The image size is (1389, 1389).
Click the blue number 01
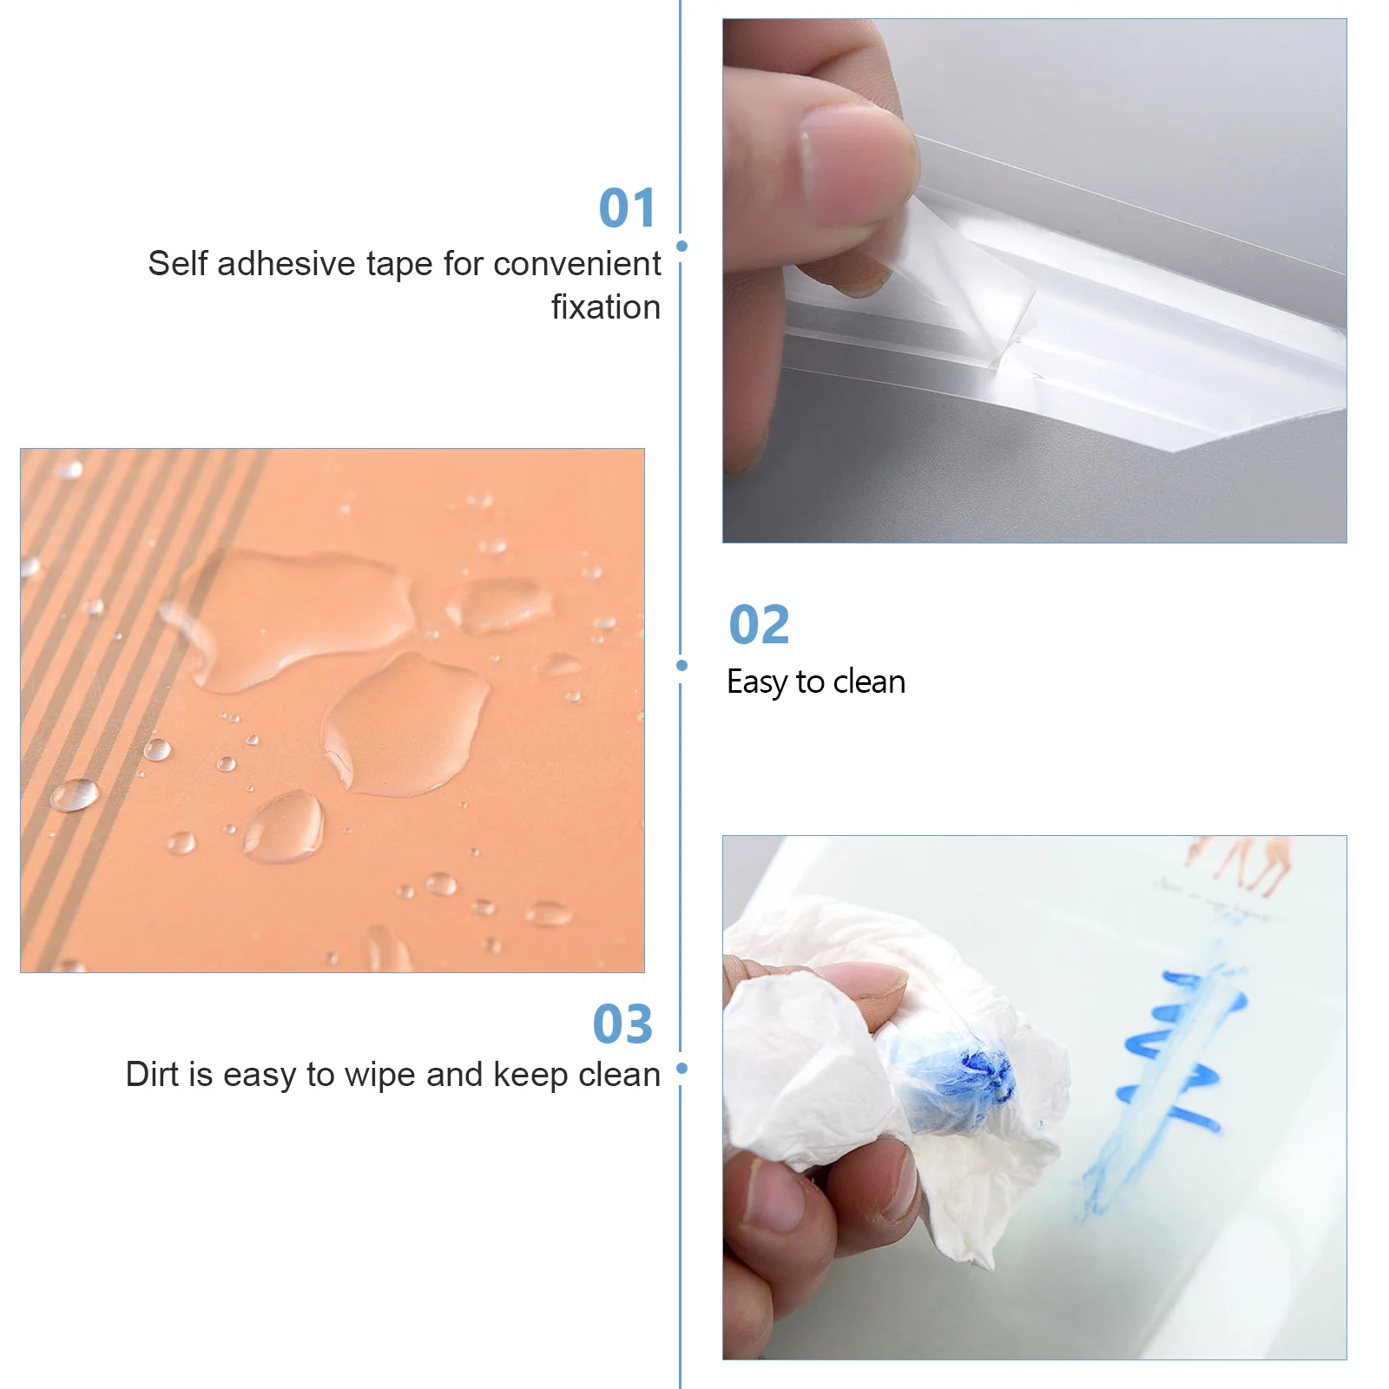point(627,208)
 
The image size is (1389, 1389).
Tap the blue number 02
point(759,625)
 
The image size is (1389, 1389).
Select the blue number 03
point(622,1024)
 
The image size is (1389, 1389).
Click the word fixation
point(606,307)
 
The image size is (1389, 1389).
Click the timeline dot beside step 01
point(681,247)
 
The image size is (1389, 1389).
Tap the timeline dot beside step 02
point(681,666)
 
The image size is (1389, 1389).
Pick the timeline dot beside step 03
point(681,1069)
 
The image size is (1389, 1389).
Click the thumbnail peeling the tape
point(1034,280)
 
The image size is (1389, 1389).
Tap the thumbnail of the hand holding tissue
point(1034,1097)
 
